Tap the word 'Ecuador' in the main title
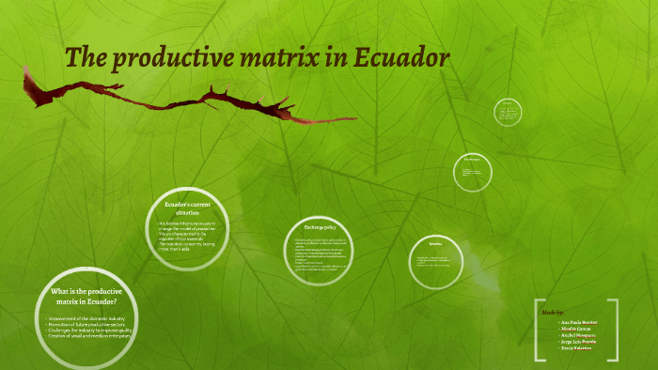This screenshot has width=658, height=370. [x=405, y=58]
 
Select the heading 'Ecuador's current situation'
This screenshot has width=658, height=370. [x=184, y=208]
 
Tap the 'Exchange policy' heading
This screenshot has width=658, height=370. [x=320, y=227]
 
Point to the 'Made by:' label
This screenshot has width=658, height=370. [x=553, y=310]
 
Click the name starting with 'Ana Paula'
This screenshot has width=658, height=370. [x=579, y=321]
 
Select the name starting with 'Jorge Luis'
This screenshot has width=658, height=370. [x=579, y=341]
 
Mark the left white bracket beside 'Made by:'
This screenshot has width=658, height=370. [x=539, y=330]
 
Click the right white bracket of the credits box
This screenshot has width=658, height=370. [x=616, y=330]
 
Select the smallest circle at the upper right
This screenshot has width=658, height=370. [x=508, y=113]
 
